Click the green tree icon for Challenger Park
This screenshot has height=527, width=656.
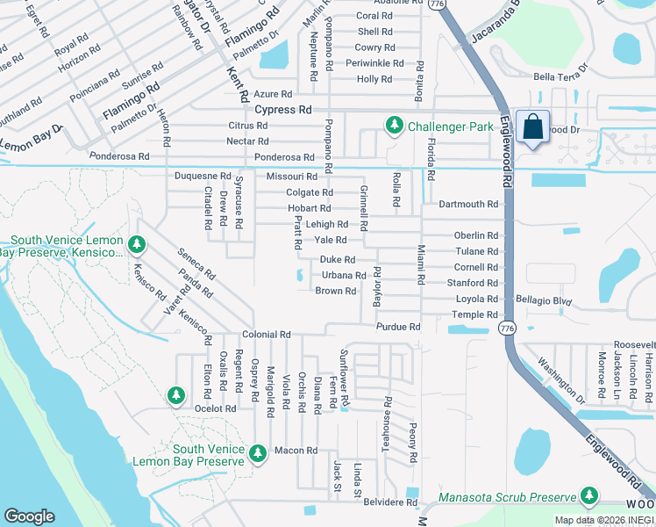point(395,126)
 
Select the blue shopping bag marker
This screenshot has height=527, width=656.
point(532,128)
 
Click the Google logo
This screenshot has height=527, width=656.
point(29,516)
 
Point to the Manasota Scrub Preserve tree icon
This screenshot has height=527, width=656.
point(588,498)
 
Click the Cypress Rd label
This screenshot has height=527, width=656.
point(283,111)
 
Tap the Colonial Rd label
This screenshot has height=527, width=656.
point(267,336)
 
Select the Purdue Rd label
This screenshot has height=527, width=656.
point(398,327)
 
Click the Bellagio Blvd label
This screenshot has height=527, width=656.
point(544,300)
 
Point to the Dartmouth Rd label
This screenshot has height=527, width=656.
point(468,205)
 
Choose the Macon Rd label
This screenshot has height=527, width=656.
point(295,451)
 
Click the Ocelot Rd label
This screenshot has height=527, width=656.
point(216,409)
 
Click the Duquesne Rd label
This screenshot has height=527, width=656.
point(203,177)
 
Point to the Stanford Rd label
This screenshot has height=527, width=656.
point(472,284)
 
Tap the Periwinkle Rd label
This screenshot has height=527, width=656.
point(374,64)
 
